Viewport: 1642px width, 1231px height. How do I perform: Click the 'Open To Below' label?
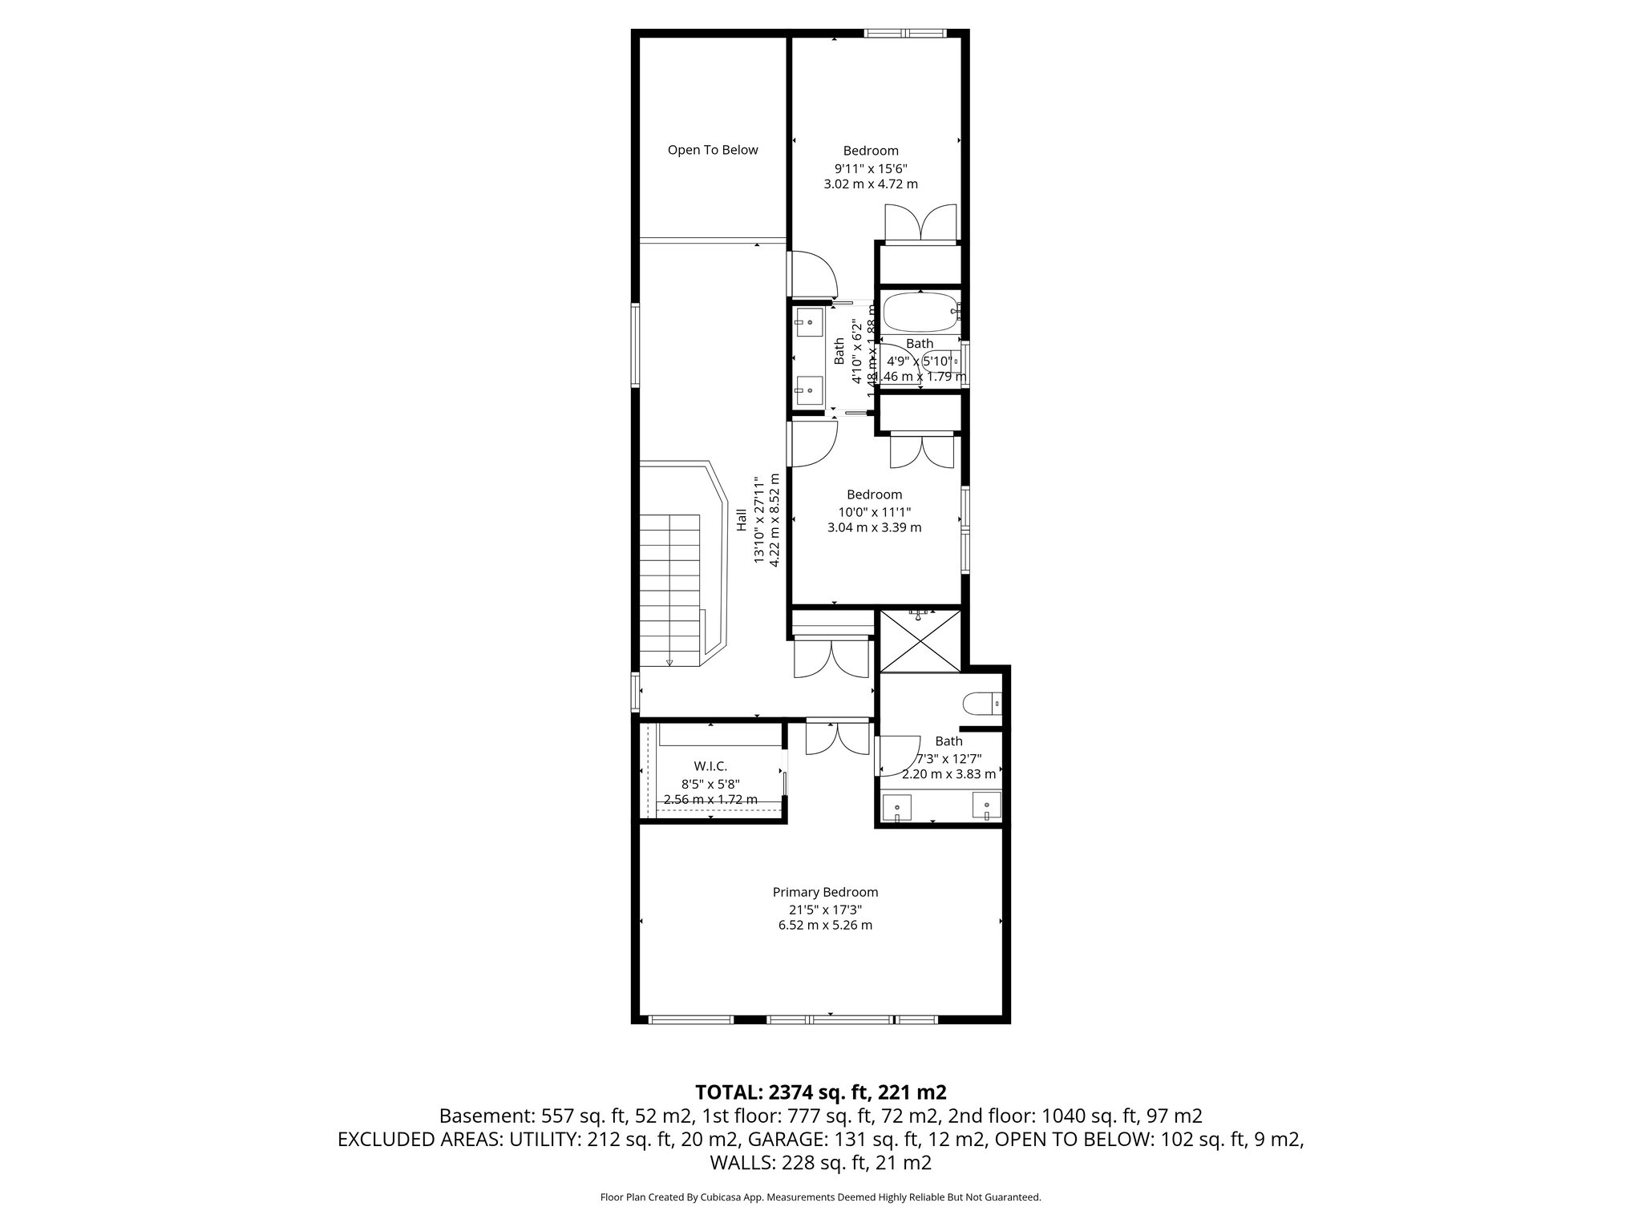712,150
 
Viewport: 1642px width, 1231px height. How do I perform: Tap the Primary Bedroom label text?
825,892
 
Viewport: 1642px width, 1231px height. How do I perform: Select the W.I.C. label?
710,766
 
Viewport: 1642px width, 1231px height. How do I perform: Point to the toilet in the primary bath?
981,703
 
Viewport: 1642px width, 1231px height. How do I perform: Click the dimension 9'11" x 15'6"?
871,168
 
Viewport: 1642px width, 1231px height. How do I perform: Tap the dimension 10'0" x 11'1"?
874,511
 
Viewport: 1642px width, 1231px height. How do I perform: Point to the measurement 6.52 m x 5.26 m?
825,925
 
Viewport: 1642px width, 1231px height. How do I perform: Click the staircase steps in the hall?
669,585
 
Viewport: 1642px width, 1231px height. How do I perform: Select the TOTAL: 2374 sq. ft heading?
820,1092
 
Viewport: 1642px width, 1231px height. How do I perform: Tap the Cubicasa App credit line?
820,1197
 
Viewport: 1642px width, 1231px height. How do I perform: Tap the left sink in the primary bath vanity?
896,805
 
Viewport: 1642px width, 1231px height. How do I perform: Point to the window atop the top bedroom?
904,34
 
